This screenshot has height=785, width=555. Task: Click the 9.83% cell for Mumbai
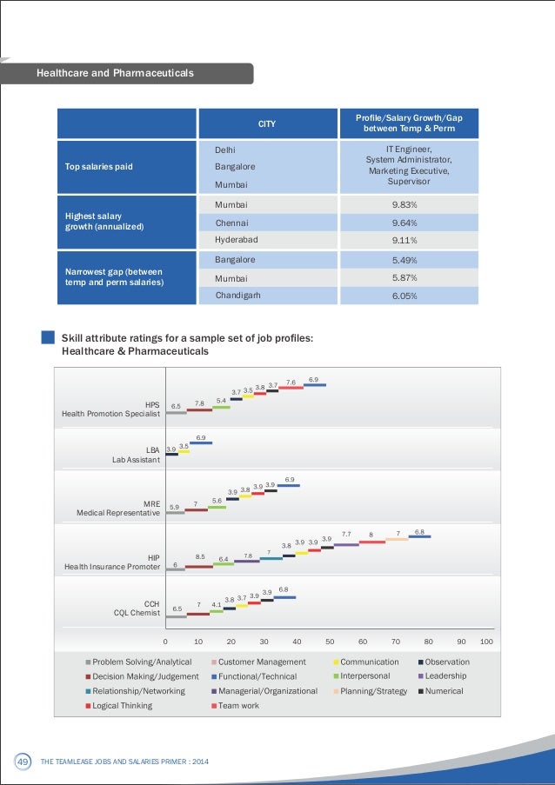tap(409, 205)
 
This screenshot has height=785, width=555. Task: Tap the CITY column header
tap(268, 123)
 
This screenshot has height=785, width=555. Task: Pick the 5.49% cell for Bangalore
tap(409, 260)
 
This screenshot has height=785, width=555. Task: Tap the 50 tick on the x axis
tap(330, 642)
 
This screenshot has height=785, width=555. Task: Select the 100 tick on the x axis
tap(486, 642)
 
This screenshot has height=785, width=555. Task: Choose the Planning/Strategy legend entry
tap(371, 691)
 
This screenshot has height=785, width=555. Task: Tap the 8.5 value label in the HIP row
tap(200, 556)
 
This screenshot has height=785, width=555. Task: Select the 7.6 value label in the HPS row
tap(291, 383)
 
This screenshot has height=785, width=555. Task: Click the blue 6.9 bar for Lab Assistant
tap(201, 442)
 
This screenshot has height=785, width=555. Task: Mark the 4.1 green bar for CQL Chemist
tap(217, 611)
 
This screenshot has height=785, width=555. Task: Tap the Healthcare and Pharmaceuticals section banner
tap(127, 73)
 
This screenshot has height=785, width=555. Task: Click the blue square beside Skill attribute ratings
tap(48, 337)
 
